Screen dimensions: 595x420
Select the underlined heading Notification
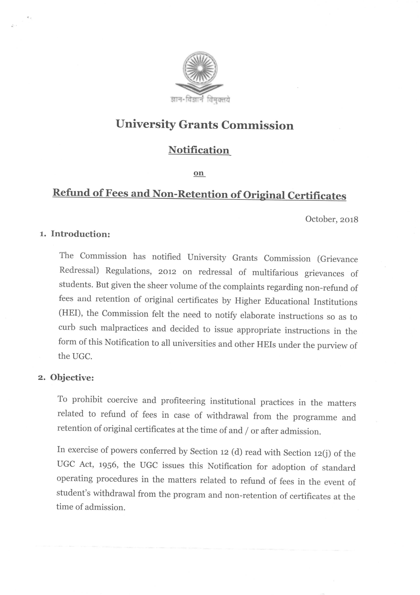tap(199, 150)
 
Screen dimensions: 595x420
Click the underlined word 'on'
tap(199, 173)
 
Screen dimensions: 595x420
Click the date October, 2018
tap(332, 219)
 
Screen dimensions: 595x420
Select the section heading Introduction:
tap(80, 234)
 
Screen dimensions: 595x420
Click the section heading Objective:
tap(72, 378)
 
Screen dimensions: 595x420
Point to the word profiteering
tap(183, 401)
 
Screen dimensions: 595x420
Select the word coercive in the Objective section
tap(122, 400)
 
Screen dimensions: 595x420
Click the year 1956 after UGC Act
tap(108, 465)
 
